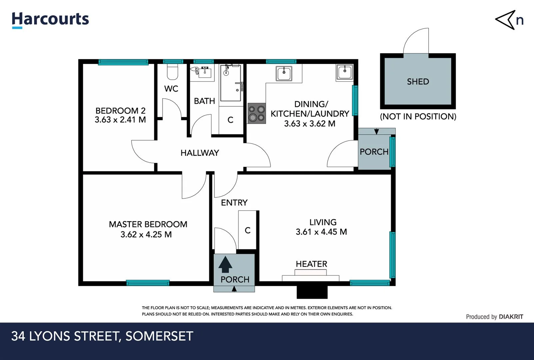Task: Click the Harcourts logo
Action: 50,19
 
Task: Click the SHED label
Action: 418,82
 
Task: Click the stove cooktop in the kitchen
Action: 257,113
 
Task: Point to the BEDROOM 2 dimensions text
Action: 120,120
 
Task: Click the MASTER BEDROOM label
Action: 148,224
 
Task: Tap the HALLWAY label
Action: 200,153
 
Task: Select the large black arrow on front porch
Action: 225,265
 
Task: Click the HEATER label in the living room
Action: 311,264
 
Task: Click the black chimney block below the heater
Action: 312,292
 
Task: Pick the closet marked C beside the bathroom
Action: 231,120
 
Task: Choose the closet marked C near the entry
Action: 247,230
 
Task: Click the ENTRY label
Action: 234,203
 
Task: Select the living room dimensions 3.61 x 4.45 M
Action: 321,232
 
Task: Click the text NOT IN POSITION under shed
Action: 418,117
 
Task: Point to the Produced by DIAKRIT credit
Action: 494,317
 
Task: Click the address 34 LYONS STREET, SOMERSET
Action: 102,336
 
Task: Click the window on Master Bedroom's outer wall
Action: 148,283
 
